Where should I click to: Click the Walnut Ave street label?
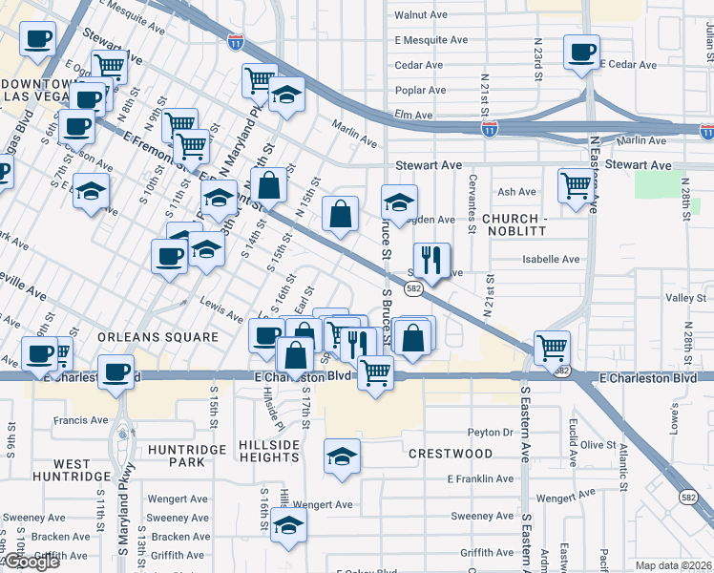pyautogui.click(x=421, y=15)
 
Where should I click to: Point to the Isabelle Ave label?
pyautogui.click(x=550, y=259)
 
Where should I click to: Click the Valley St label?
pyautogui.click(x=684, y=299)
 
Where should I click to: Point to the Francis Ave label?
pyautogui.click(x=82, y=419)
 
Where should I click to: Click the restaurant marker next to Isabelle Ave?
pyautogui.click(x=430, y=259)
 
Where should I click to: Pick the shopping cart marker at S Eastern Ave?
pyautogui.click(x=552, y=347)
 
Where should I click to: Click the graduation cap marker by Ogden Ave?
pyautogui.click(x=399, y=202)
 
